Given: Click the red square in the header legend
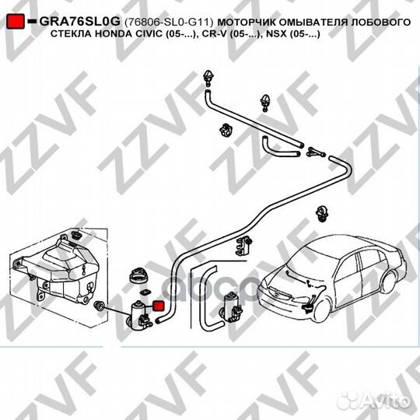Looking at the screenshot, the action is (16, 22).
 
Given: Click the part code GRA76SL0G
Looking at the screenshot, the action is (80, 22).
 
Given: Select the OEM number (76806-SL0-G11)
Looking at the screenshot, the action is (169, 23).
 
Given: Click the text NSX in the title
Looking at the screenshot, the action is (276, 34).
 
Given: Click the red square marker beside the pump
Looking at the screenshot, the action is (159, 306).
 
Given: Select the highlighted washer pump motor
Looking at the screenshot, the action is (138, 316).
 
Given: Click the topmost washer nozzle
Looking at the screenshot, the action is (208, 78).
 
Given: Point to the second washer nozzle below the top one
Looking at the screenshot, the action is (265, 103).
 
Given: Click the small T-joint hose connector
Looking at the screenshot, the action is (316, 152).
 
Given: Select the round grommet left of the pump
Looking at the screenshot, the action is (100, 306).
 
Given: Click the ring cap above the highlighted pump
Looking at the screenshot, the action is (138, 275).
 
